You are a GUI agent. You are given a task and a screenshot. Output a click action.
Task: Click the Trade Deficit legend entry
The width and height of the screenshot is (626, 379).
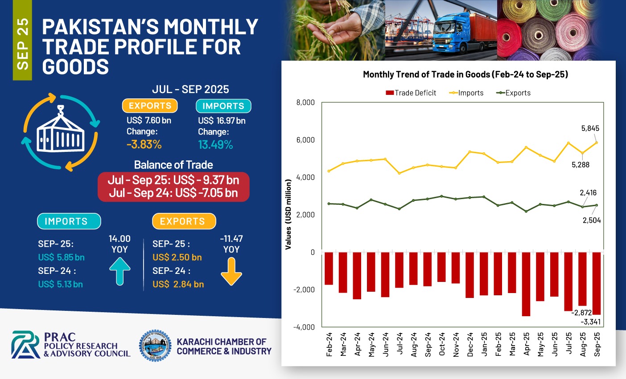point(411,93)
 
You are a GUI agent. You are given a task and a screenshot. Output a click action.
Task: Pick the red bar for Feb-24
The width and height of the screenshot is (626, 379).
point(329,268)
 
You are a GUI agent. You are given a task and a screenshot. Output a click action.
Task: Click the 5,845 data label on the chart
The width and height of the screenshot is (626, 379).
point(590,128)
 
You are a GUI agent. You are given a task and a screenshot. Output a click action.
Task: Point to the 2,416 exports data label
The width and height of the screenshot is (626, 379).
point(588,193)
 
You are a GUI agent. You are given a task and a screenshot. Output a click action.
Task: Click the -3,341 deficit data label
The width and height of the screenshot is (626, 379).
point(590,322)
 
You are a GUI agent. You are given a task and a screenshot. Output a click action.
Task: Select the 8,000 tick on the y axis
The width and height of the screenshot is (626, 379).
point(305,102)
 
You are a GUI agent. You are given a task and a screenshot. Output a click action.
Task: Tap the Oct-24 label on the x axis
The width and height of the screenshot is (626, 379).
point(442,344)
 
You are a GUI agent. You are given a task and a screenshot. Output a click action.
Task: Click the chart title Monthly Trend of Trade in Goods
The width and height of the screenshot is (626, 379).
point(465,74)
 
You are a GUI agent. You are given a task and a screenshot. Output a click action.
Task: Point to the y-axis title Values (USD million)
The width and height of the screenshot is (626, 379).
point(288,214)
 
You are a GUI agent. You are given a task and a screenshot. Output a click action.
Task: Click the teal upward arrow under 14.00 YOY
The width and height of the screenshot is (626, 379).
point(119,271)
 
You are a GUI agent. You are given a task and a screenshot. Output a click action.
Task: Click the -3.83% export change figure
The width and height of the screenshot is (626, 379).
point(144,145)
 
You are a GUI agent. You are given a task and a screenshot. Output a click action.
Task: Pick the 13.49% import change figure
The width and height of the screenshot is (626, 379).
point(215,145)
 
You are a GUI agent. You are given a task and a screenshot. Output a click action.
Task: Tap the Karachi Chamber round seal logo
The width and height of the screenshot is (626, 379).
point(155,346)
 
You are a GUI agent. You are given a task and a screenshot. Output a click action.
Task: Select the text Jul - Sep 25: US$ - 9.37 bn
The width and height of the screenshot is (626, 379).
point(173,180)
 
